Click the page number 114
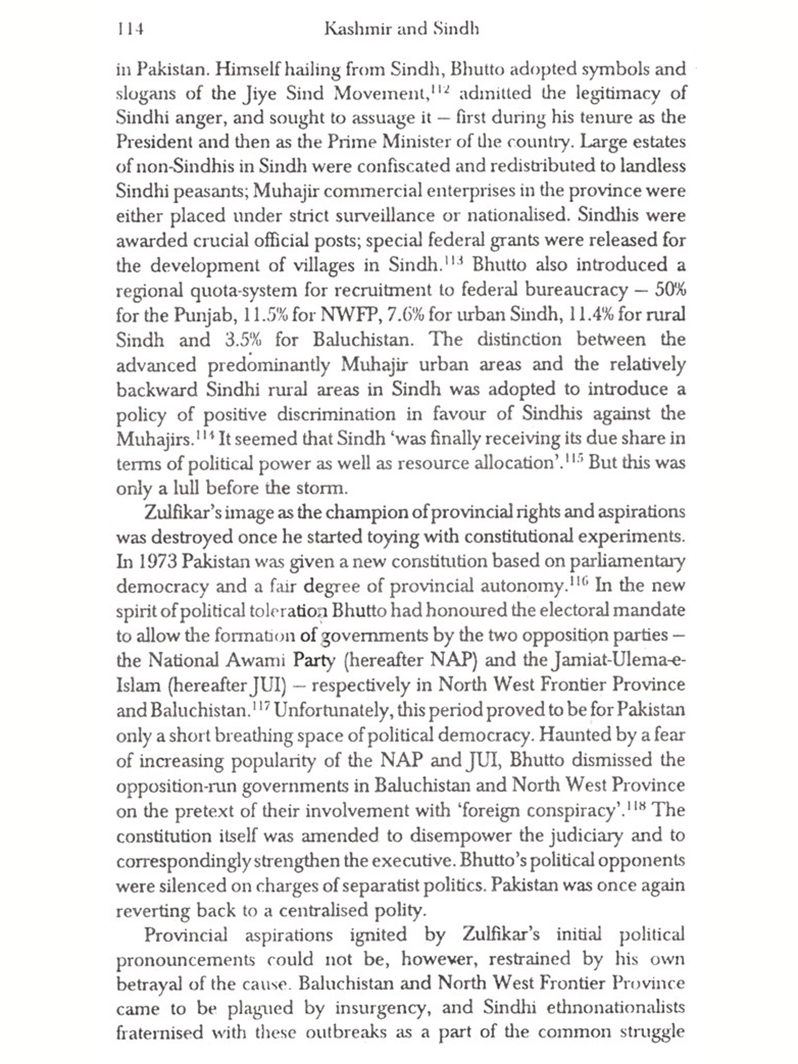pyautogui.click(x=130, y=29)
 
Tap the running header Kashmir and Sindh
pyautogui.click(x=401, y=29)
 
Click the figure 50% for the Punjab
pyautogui.click(x=670, y=290)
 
